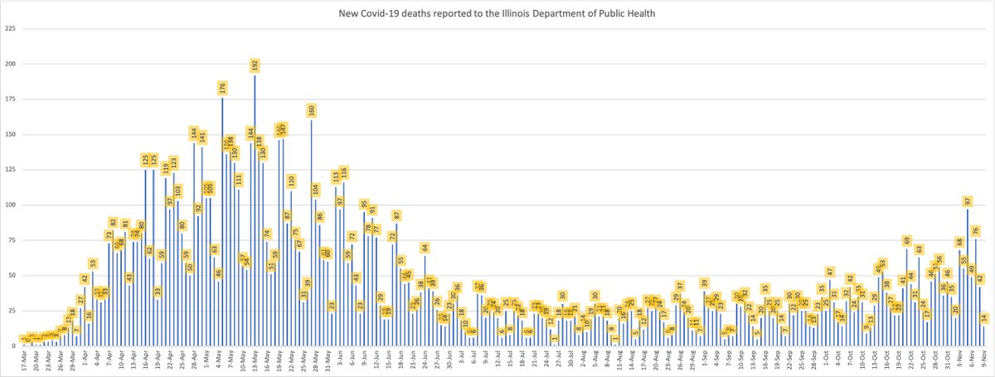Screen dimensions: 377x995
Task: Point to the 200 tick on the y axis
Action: click(x=11, y=64)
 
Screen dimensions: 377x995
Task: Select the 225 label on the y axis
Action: click(x=11, y=28)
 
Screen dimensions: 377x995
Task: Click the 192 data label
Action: click(x=255, y=64)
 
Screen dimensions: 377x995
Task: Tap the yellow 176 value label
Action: click(x=222, y=87)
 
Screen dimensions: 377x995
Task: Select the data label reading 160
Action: click(x=312, y=109)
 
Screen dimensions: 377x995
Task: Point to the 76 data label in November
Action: click(x=976, y=230)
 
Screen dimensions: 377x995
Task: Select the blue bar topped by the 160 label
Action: click(x=312, y=232)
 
